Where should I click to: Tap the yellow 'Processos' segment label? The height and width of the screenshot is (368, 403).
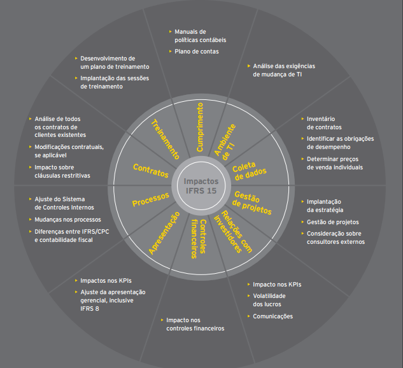(x=150, y=199)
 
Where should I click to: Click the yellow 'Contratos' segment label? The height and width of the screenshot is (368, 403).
(x=150, y=170)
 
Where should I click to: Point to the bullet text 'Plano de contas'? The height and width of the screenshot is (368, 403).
(x=197, y=52)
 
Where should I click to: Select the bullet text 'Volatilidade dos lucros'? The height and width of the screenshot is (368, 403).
(x=269, y=300)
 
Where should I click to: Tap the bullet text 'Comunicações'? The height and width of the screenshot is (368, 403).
(x=272, y=316)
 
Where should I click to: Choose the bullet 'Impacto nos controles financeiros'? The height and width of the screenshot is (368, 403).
(x=195, y=324)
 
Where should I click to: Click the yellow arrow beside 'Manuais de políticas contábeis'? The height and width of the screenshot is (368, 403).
(x=171, y=31)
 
